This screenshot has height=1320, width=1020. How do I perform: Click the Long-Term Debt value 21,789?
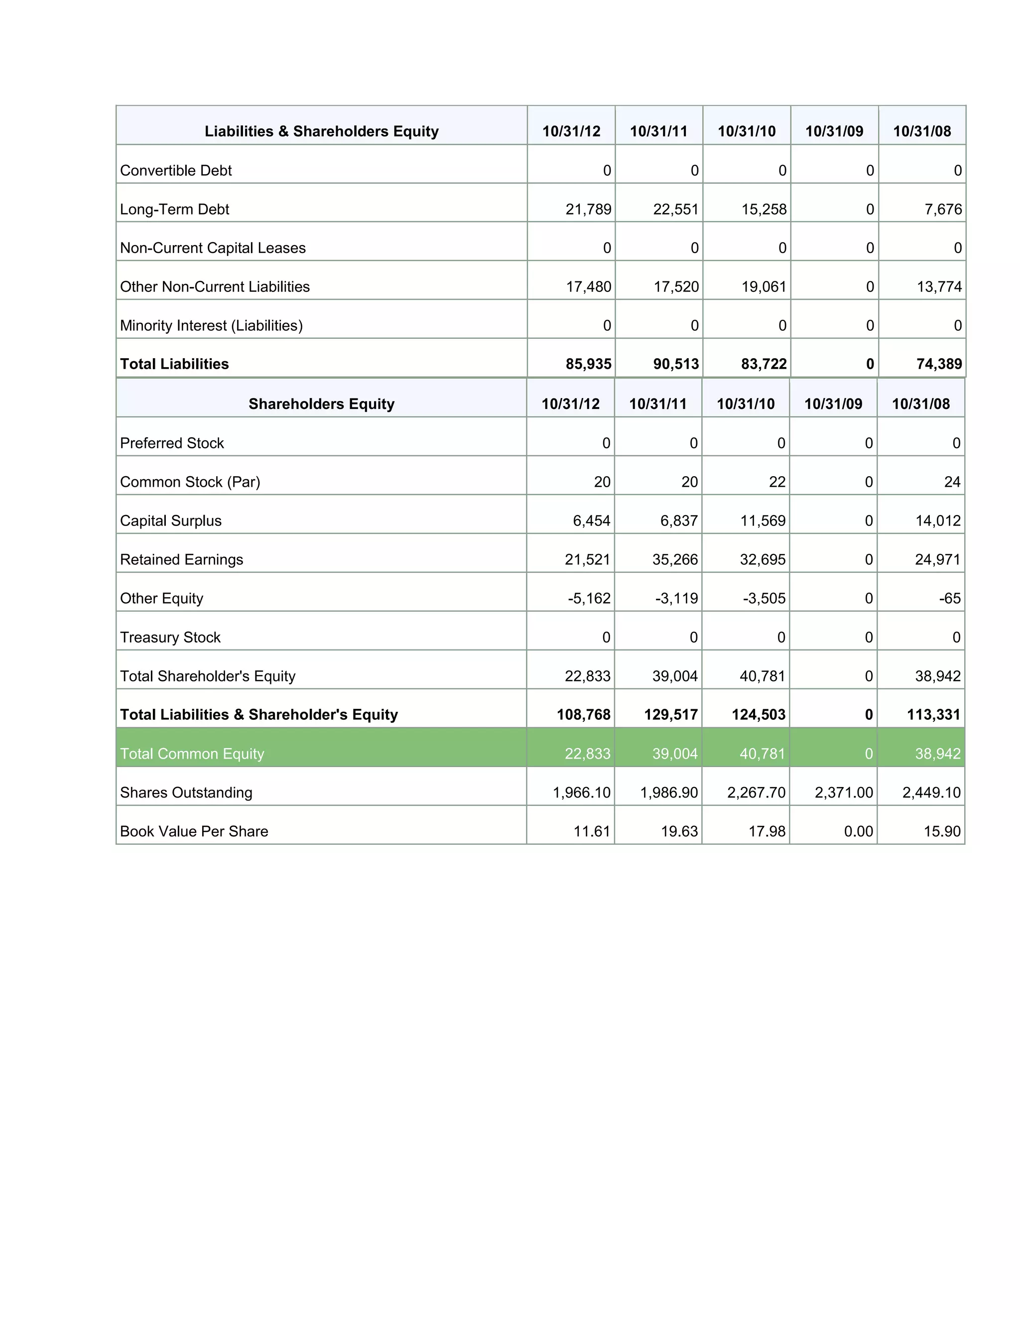click(x=588, y=209)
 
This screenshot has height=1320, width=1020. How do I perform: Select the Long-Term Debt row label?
click(x=175, y=209)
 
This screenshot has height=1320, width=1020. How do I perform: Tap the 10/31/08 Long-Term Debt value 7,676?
click(x=943, y=209)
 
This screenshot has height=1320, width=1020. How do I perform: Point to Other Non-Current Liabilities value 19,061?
click(x=764, y=286)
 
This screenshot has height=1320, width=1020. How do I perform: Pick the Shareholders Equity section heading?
click(x=321, y=404)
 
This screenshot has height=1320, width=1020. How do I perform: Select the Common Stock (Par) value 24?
click(x=952, y=482)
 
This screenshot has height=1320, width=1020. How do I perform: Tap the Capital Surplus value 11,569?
click(x=763, y=521)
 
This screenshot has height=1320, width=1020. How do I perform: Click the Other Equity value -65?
click(x=949, y=598)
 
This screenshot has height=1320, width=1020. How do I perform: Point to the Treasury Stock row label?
click(x=170, y=637)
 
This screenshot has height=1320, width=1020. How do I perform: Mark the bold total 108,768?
click(x=583, y=714)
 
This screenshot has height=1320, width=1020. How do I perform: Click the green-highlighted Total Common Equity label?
click(x=192, y=754)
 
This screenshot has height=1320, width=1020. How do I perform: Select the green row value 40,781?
click(x=762, y=754)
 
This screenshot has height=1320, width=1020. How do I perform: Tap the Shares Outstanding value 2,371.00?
click(x=843, y=792)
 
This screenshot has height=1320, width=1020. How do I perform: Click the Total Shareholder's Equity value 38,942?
click(x=937, y=676)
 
